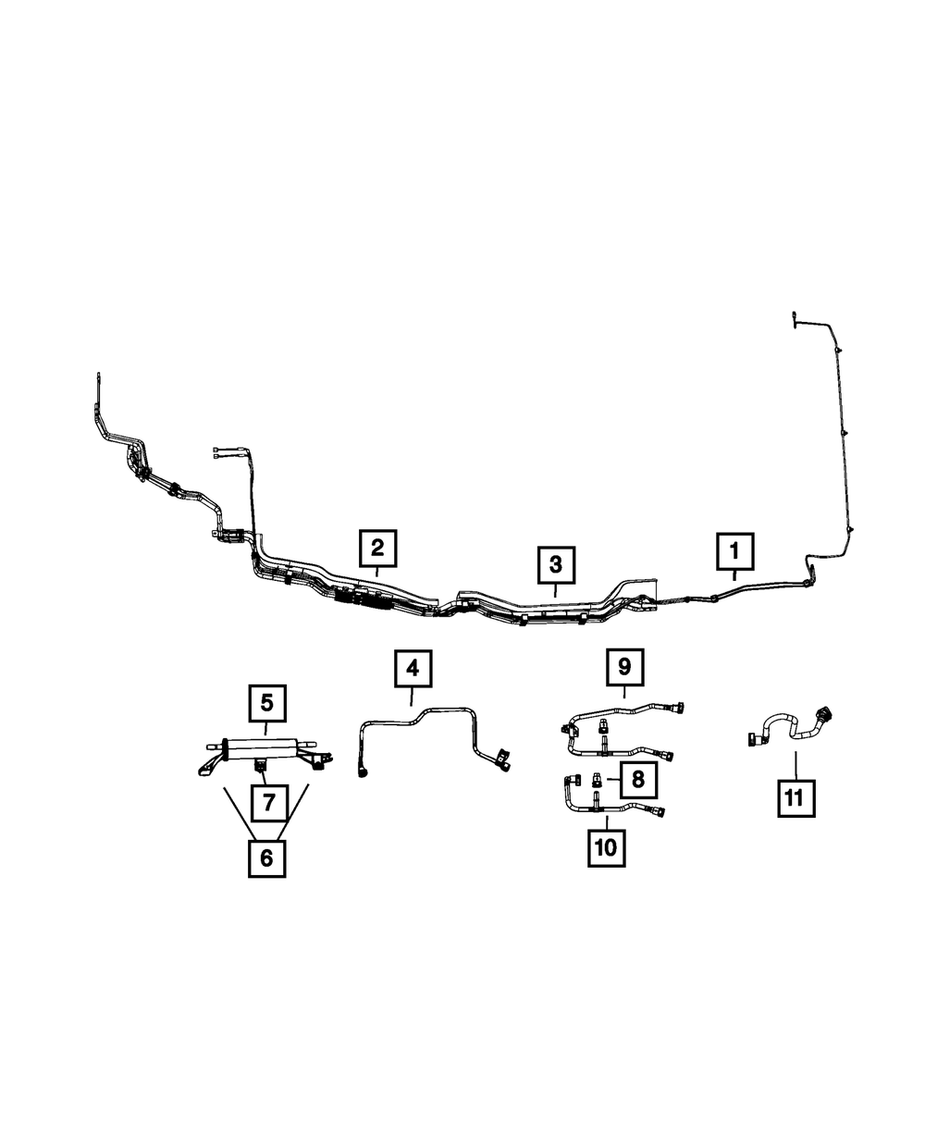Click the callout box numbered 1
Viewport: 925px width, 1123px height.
pos(734,551)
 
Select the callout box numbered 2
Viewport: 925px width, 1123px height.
pos(378,548)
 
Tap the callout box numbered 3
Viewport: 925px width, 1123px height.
pos(556,564)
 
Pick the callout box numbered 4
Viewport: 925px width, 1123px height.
pos(413,669)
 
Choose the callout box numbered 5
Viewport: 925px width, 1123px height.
pos(267,703)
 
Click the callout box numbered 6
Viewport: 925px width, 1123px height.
pos(266,859)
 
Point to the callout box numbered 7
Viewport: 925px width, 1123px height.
pos(269,803)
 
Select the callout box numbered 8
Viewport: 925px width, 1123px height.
pos(638,779)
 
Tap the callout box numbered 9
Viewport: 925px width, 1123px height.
pos(625,667)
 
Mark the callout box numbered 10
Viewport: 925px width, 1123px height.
pos(607,848)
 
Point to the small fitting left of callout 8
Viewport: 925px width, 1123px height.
pos(596,778)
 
